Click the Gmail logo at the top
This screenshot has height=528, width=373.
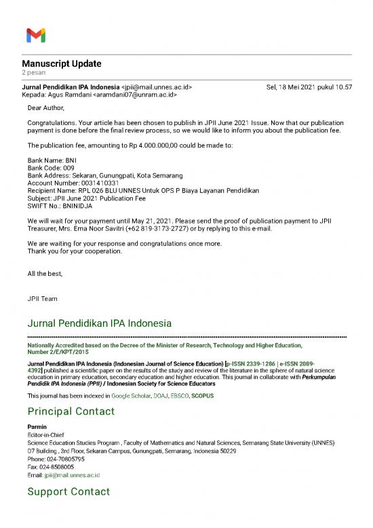coord(35,35)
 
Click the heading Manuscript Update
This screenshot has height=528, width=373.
coord(62,64)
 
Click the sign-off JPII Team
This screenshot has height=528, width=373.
coord(43,298)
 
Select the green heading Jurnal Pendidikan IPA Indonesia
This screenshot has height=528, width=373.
coord(99,322)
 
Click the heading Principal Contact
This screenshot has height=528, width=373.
coord(71,411)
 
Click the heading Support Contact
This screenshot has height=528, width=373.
coord(68,491)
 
